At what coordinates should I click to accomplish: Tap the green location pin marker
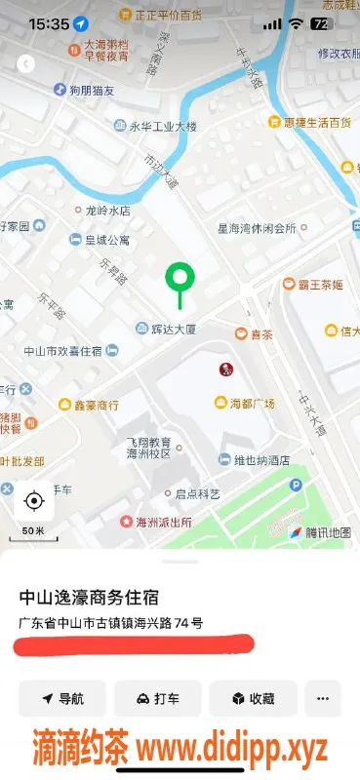pyautogui.click(x=179, y=278)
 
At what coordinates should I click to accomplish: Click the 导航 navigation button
pyautogui.click(x=62, y=698)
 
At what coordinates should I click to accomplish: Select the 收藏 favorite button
pyautogui.click(x=252, y=698)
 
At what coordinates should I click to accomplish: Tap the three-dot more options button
pyautogui.click(x=323, y=698)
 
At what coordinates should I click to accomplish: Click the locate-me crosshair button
pyautogui.click(x=34, y=501)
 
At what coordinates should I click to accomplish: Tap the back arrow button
pyautogui.click(x=26, y=63)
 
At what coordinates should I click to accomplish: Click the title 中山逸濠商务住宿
pyautogui.click(x=90, y=597)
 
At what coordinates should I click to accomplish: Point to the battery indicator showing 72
pyautogui.click(x=320, y=23)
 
